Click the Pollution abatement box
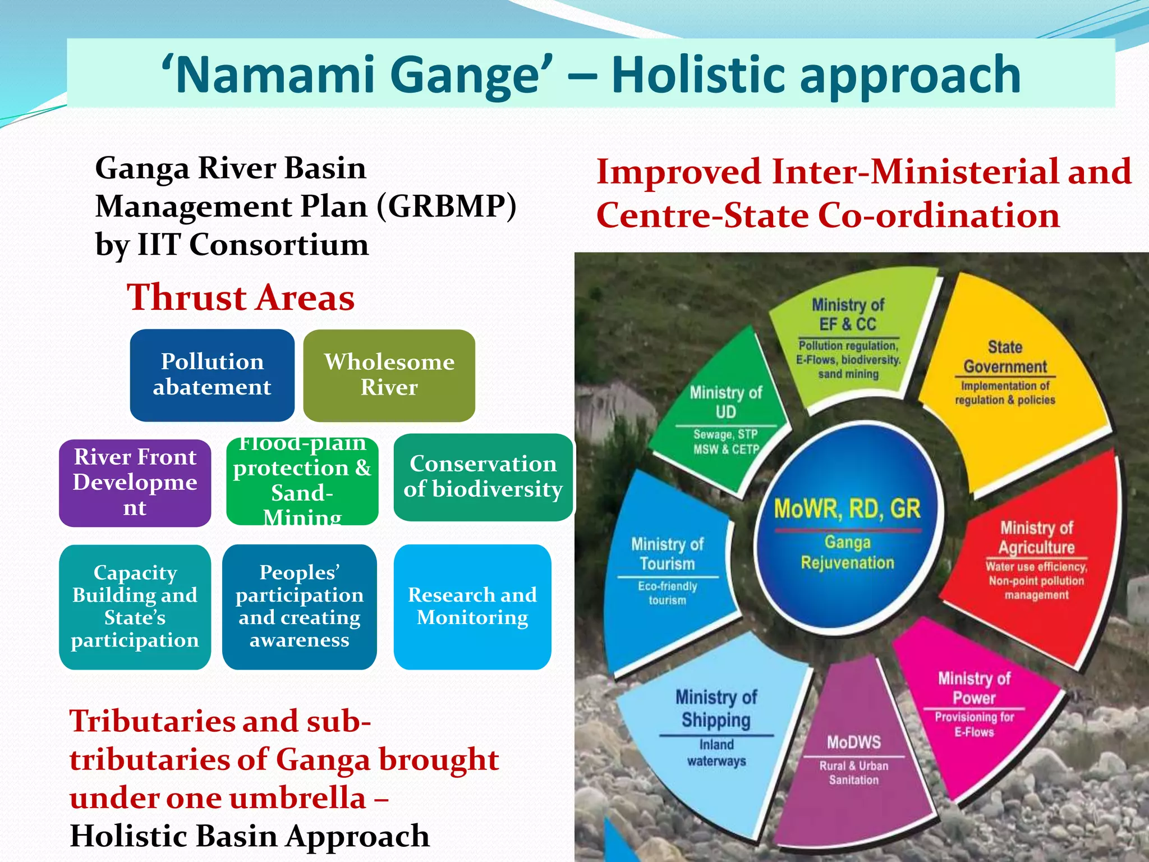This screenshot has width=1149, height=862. [212, 375]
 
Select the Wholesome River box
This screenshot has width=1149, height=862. [389, 375]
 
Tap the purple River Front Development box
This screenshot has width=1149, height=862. [135, 483]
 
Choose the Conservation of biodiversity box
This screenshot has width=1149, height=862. [483, 477]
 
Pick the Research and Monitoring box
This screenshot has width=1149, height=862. [472, 607]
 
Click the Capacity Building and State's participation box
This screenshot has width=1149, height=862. [135, 607]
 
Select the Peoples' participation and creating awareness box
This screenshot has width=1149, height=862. [299, 607]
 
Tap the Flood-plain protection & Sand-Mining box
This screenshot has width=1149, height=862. [302, 482]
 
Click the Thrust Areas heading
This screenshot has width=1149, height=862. [241, 297]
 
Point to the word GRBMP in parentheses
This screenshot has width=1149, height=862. [446, 207]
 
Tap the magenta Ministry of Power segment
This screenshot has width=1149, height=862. [975, 707]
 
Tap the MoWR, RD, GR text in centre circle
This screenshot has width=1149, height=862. [847, 509]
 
